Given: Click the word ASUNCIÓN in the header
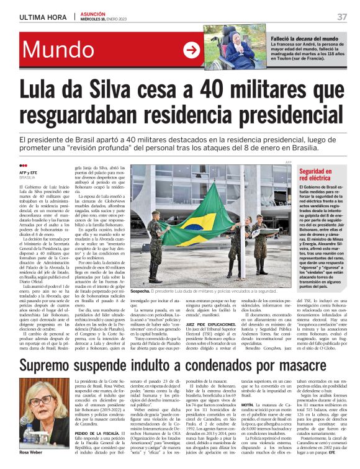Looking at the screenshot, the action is click(93, 12).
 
